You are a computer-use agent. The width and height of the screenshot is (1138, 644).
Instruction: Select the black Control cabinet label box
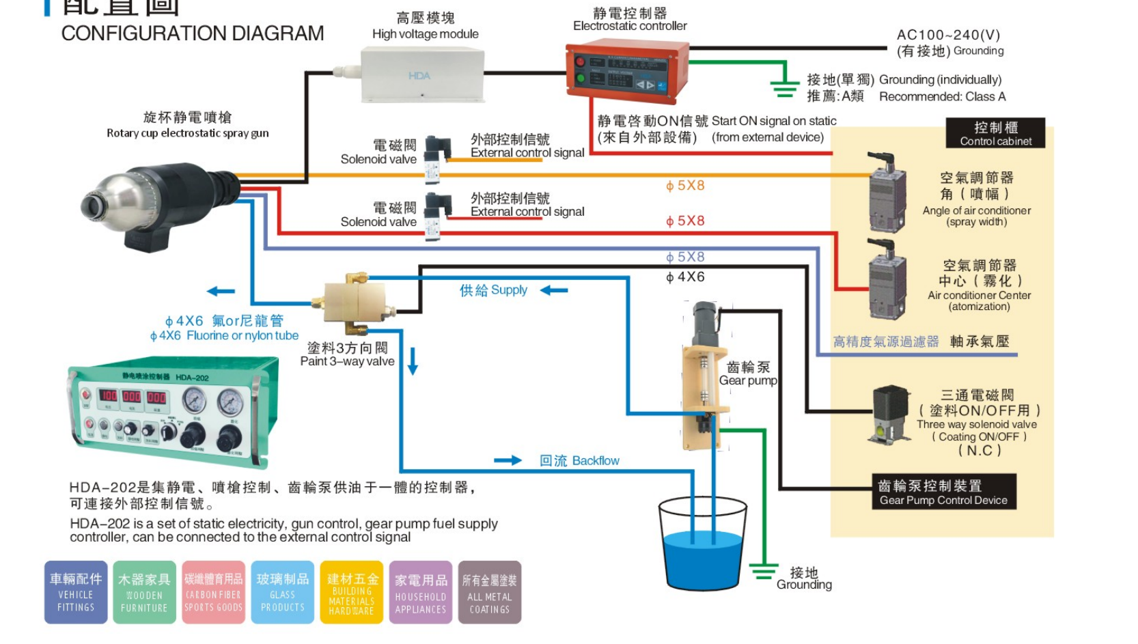[x=995, y=133]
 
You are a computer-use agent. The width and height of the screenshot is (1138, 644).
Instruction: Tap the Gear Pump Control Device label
[x=943, y=492]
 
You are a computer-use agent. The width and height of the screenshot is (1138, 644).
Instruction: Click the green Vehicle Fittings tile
[x=76, y=592]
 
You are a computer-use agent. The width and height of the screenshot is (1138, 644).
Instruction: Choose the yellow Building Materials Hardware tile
[x=352, y=592]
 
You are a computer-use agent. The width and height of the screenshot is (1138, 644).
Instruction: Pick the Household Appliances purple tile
[x=421, y=592]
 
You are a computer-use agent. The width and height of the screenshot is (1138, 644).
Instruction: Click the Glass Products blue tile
[x=283, y=592]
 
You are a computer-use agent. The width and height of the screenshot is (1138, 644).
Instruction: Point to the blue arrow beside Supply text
[x=554, y=290]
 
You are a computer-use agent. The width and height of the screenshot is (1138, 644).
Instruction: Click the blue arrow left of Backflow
[x=508, y=460]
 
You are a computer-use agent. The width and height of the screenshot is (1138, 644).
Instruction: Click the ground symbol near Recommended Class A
[x=783, y=85]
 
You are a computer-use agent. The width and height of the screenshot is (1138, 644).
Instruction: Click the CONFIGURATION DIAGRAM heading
[x=193, y=33]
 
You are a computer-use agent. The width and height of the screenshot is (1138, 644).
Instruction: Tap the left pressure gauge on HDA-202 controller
[x=194, y=400]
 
